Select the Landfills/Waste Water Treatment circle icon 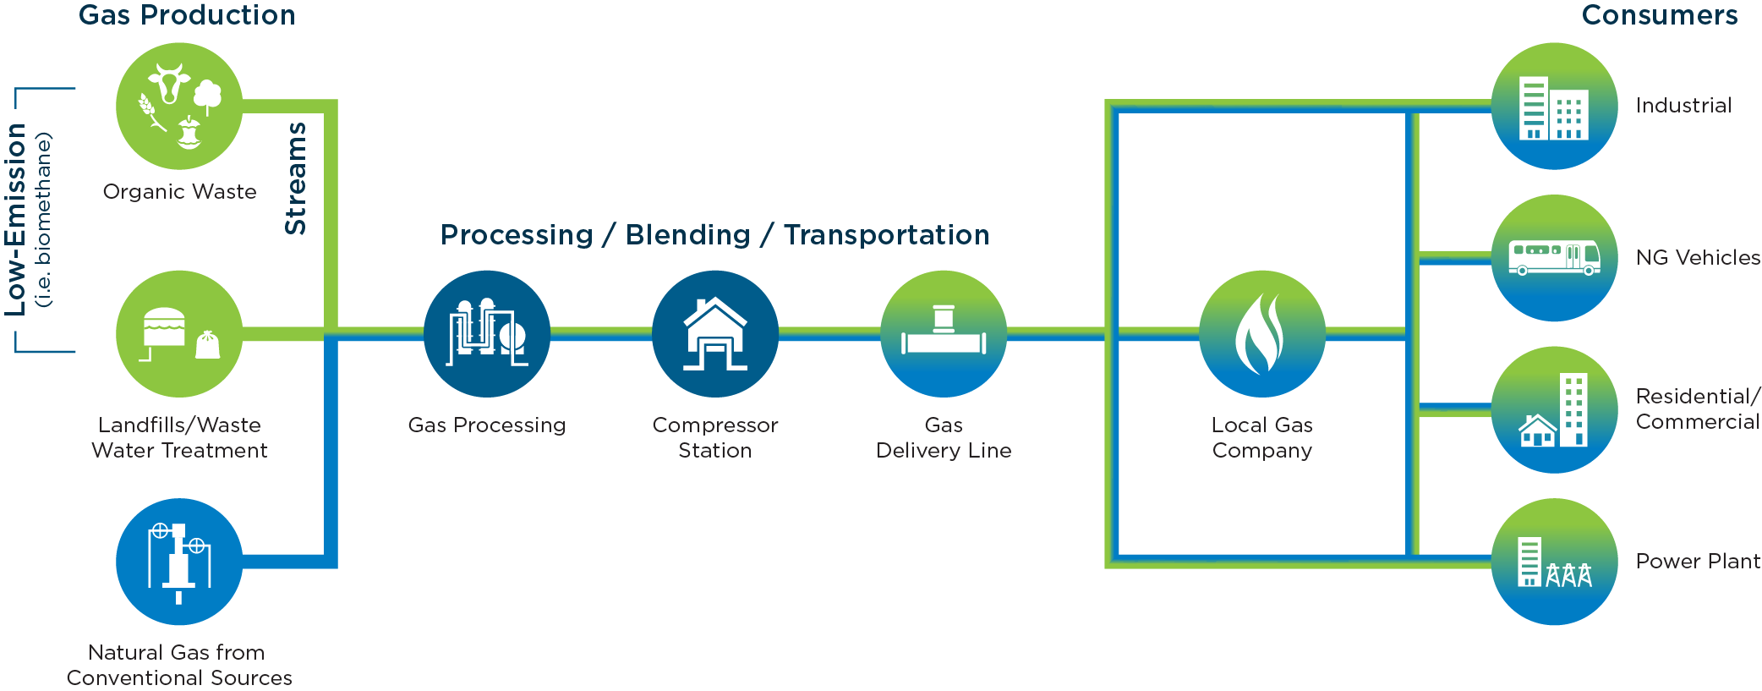pyautogui.click(x=179, y=334)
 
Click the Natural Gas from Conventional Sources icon pyautogui.click(x=179, y=562)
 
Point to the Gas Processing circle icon pyautogui.click(x=487, y=334)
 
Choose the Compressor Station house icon pyautogui.click(x=715, y=334)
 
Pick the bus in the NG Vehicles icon pyautogui.click(x=1554, y=258)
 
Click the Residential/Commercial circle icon pyautogui.click(x=1554, y=410)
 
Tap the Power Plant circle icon pyautogui.click(x=1554, y=562)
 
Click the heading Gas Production pyautogui.click(x=187, y=15)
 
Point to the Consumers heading pyautogui.click(x=1660, y=15)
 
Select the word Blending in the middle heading pyautogui.click(x=688, y=234)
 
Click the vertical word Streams pyautogui.click(x=295, y=178)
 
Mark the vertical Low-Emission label pyautogui.click(x=16, y=220)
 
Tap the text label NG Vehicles pyautogui.click(x=1698, y=257)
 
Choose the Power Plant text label pyautogui.click(x=1698, y=561)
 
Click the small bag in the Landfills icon pyautogui.click(x=208, y=345)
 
